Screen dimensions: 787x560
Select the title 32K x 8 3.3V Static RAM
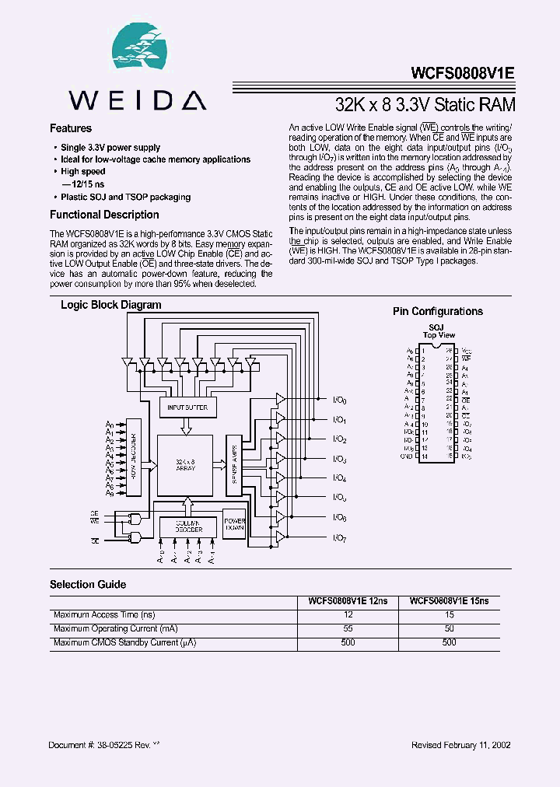point(425,103)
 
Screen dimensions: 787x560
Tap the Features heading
point(71,128)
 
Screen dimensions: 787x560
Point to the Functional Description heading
point(104,215)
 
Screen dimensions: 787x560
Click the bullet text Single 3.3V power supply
point(110,147)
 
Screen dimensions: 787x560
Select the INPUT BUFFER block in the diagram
point(187,407)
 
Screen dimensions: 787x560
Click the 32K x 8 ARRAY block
point(185,465)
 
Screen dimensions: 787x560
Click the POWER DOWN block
point(235,525)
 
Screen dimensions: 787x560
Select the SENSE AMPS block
point(234,464)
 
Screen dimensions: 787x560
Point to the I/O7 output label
point(339,538)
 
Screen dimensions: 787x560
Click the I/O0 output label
point(339,400)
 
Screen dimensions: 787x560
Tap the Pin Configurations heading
point(438,311)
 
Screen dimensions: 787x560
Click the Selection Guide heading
point(88,584)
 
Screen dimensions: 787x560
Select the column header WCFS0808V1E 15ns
point(449,601)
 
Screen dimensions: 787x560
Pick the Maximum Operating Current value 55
point(348,628)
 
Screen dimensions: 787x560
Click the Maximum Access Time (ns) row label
point(104,614)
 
